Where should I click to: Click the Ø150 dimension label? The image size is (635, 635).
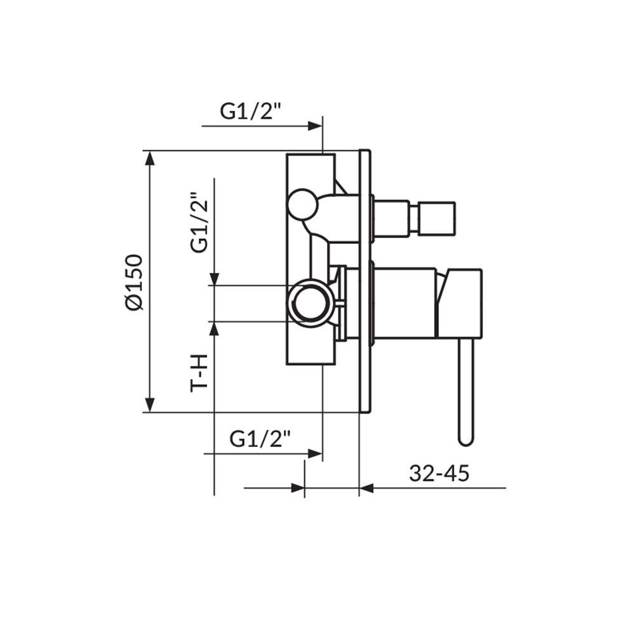pos(134,283)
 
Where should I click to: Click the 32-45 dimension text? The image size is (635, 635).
pos(439,473)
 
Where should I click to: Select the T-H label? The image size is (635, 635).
pos(199,373)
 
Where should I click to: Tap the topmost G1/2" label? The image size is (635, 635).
pos(250,111)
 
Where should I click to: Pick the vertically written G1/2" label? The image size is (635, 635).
pos(199,222)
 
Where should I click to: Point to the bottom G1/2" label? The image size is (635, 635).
pos(260,439)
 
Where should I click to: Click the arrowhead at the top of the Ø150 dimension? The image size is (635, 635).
pos(150,157)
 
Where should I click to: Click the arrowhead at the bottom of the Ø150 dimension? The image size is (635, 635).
pos(150,405)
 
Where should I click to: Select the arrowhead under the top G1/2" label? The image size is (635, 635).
pos(315,126)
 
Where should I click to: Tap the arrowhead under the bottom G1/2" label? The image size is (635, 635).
pos(315,453)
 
